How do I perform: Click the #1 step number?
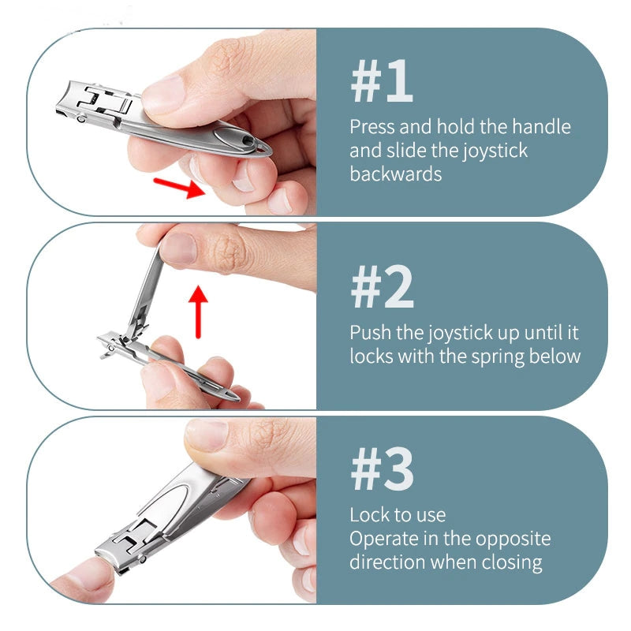click(382, 81)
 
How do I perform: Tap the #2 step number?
click(382, 287)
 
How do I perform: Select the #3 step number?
click(382, 469)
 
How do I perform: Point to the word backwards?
click(396, 174)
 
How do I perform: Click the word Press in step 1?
click(372, 127)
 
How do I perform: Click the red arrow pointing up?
click(198, 312)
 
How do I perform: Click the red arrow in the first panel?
click(180, 187)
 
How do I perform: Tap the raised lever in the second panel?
click(145, 289)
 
